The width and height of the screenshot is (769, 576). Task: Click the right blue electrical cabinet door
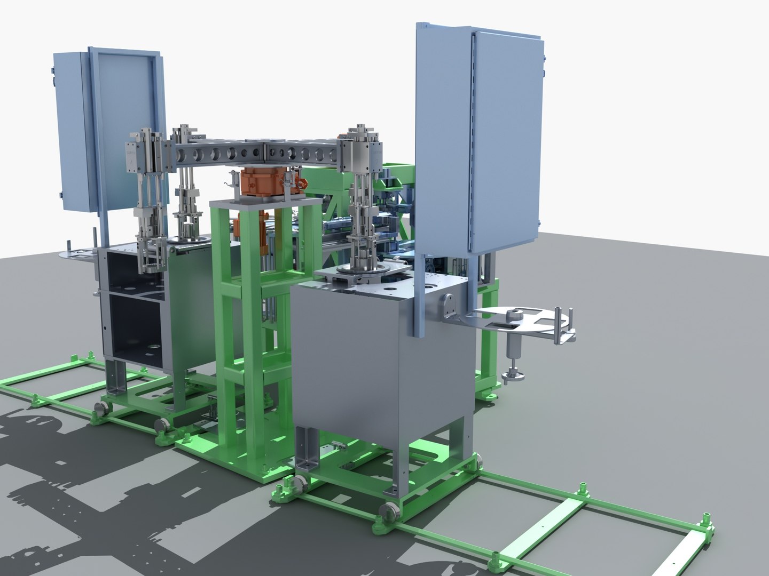(505, 141)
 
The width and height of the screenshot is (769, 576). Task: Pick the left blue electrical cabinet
(75, 131)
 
